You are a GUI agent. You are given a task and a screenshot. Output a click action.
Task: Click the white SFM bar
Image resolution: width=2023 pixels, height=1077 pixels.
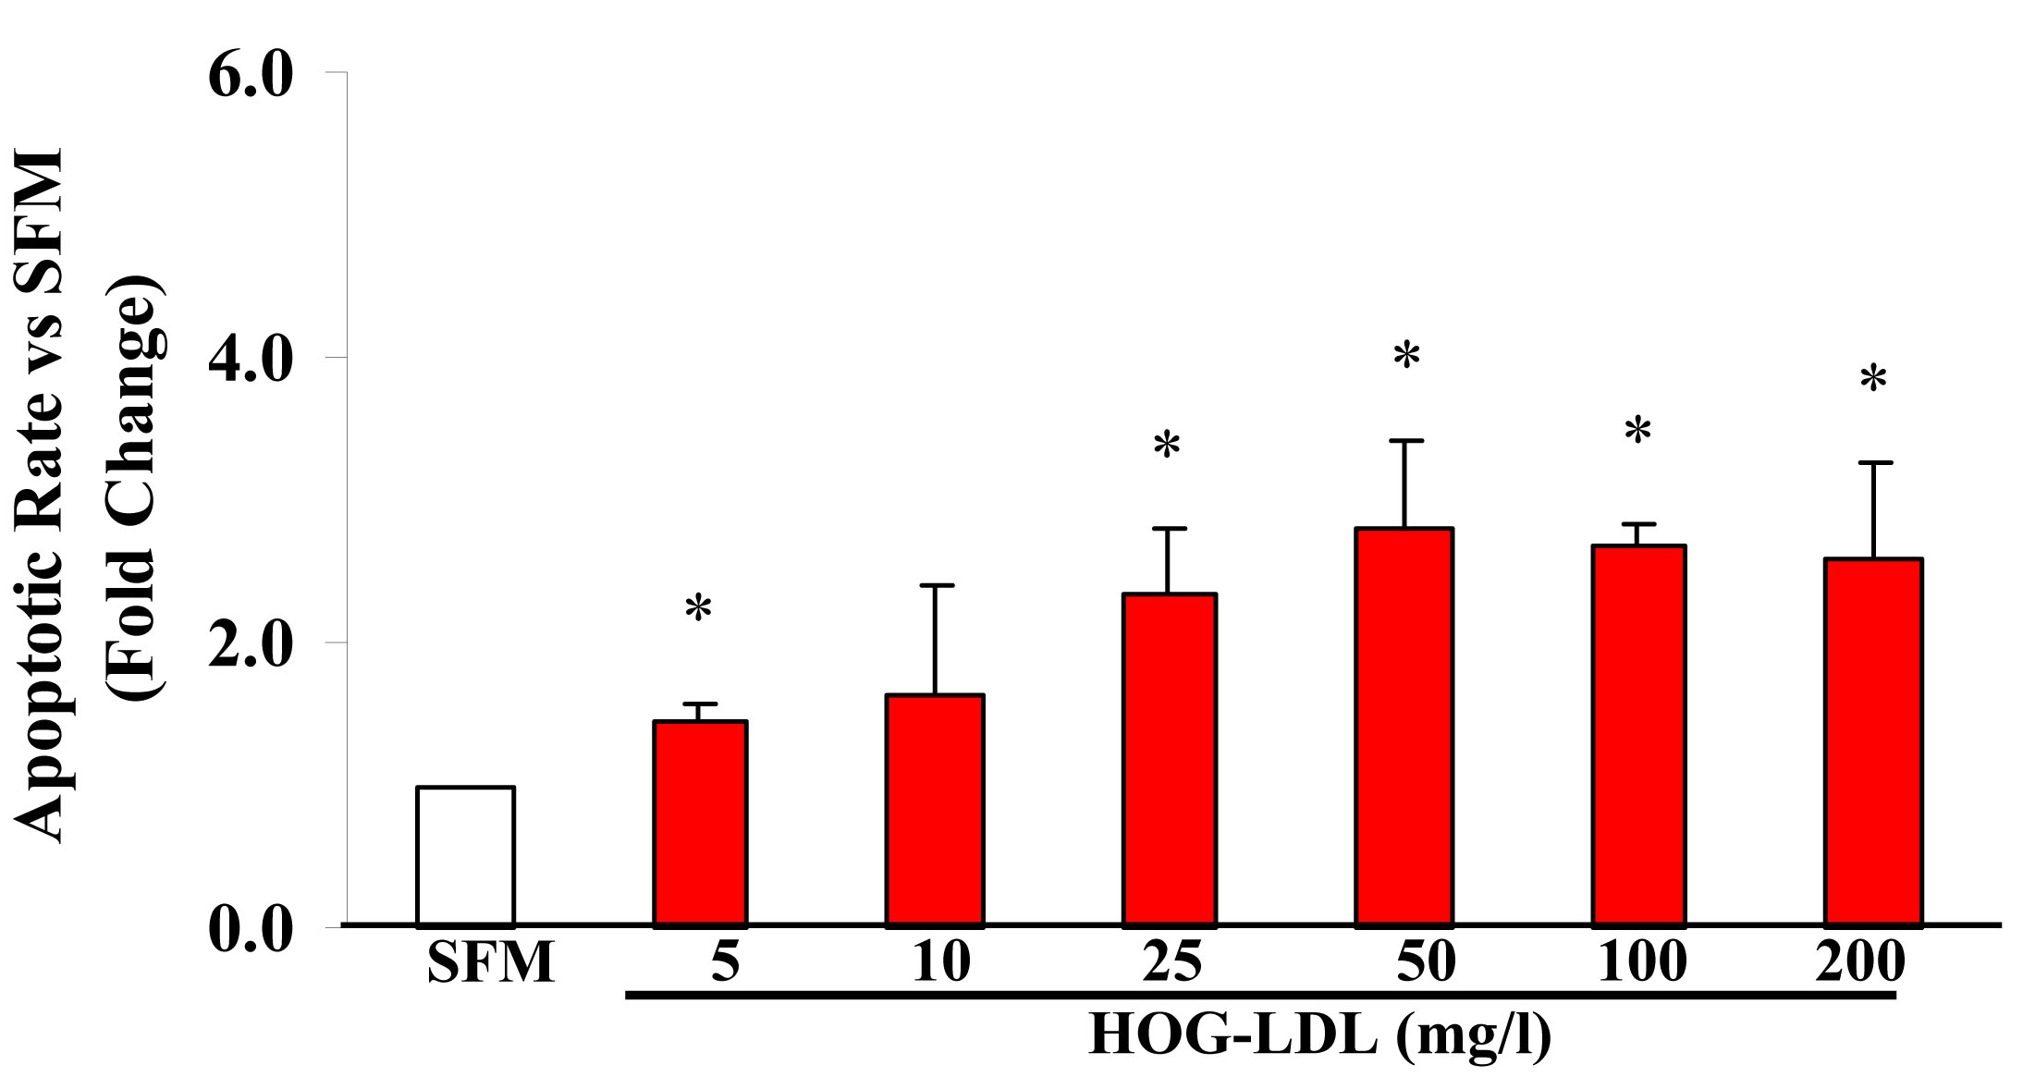[465, 855]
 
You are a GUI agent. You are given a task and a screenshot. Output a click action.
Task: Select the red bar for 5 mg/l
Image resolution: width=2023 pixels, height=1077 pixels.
[700, 823]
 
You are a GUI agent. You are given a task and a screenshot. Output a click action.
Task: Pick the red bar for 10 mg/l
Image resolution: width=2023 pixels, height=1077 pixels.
[935, 809]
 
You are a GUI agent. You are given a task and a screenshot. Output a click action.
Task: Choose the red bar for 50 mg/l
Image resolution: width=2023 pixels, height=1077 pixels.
[1404, 726]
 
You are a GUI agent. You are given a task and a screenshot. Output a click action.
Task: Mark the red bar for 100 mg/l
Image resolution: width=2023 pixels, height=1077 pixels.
[1638, 735]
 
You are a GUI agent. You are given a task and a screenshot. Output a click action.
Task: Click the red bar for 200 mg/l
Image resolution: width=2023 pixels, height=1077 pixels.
[1873, 741]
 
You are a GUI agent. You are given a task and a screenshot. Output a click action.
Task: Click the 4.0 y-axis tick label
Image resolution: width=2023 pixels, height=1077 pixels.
[250, 359]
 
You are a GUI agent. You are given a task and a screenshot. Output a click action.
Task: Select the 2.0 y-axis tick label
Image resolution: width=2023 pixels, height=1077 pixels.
[250, 644]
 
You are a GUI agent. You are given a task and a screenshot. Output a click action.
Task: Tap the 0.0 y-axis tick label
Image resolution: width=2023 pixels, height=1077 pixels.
[250, 928]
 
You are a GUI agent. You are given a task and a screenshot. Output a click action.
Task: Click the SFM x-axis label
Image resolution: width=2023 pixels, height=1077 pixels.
[490, 961]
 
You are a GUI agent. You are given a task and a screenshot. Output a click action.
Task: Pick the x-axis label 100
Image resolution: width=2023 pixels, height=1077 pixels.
[1641, 961]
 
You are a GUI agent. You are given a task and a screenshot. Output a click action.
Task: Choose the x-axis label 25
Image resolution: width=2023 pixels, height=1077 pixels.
[1171, 961]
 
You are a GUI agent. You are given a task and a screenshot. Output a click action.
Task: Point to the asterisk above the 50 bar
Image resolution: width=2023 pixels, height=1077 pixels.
[1406, 355]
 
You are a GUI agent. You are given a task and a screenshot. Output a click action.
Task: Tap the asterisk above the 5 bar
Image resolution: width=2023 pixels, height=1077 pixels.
[698, 609]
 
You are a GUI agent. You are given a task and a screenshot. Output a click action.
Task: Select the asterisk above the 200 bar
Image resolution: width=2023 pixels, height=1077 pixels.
[1873, 379]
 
